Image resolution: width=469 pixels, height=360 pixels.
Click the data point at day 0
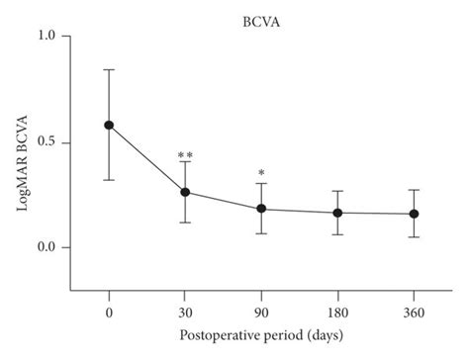point(109,126)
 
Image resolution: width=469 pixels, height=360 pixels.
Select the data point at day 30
point(185,192)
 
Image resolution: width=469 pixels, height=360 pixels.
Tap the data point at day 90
point(261,209)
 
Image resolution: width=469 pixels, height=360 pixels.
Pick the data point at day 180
point(337,213)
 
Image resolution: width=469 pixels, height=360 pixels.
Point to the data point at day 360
point(414,214)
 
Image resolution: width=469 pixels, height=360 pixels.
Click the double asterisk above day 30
point(185,156)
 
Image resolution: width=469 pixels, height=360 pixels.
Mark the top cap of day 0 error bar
point(109,70)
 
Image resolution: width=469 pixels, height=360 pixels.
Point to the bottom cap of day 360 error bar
point(414,237)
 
